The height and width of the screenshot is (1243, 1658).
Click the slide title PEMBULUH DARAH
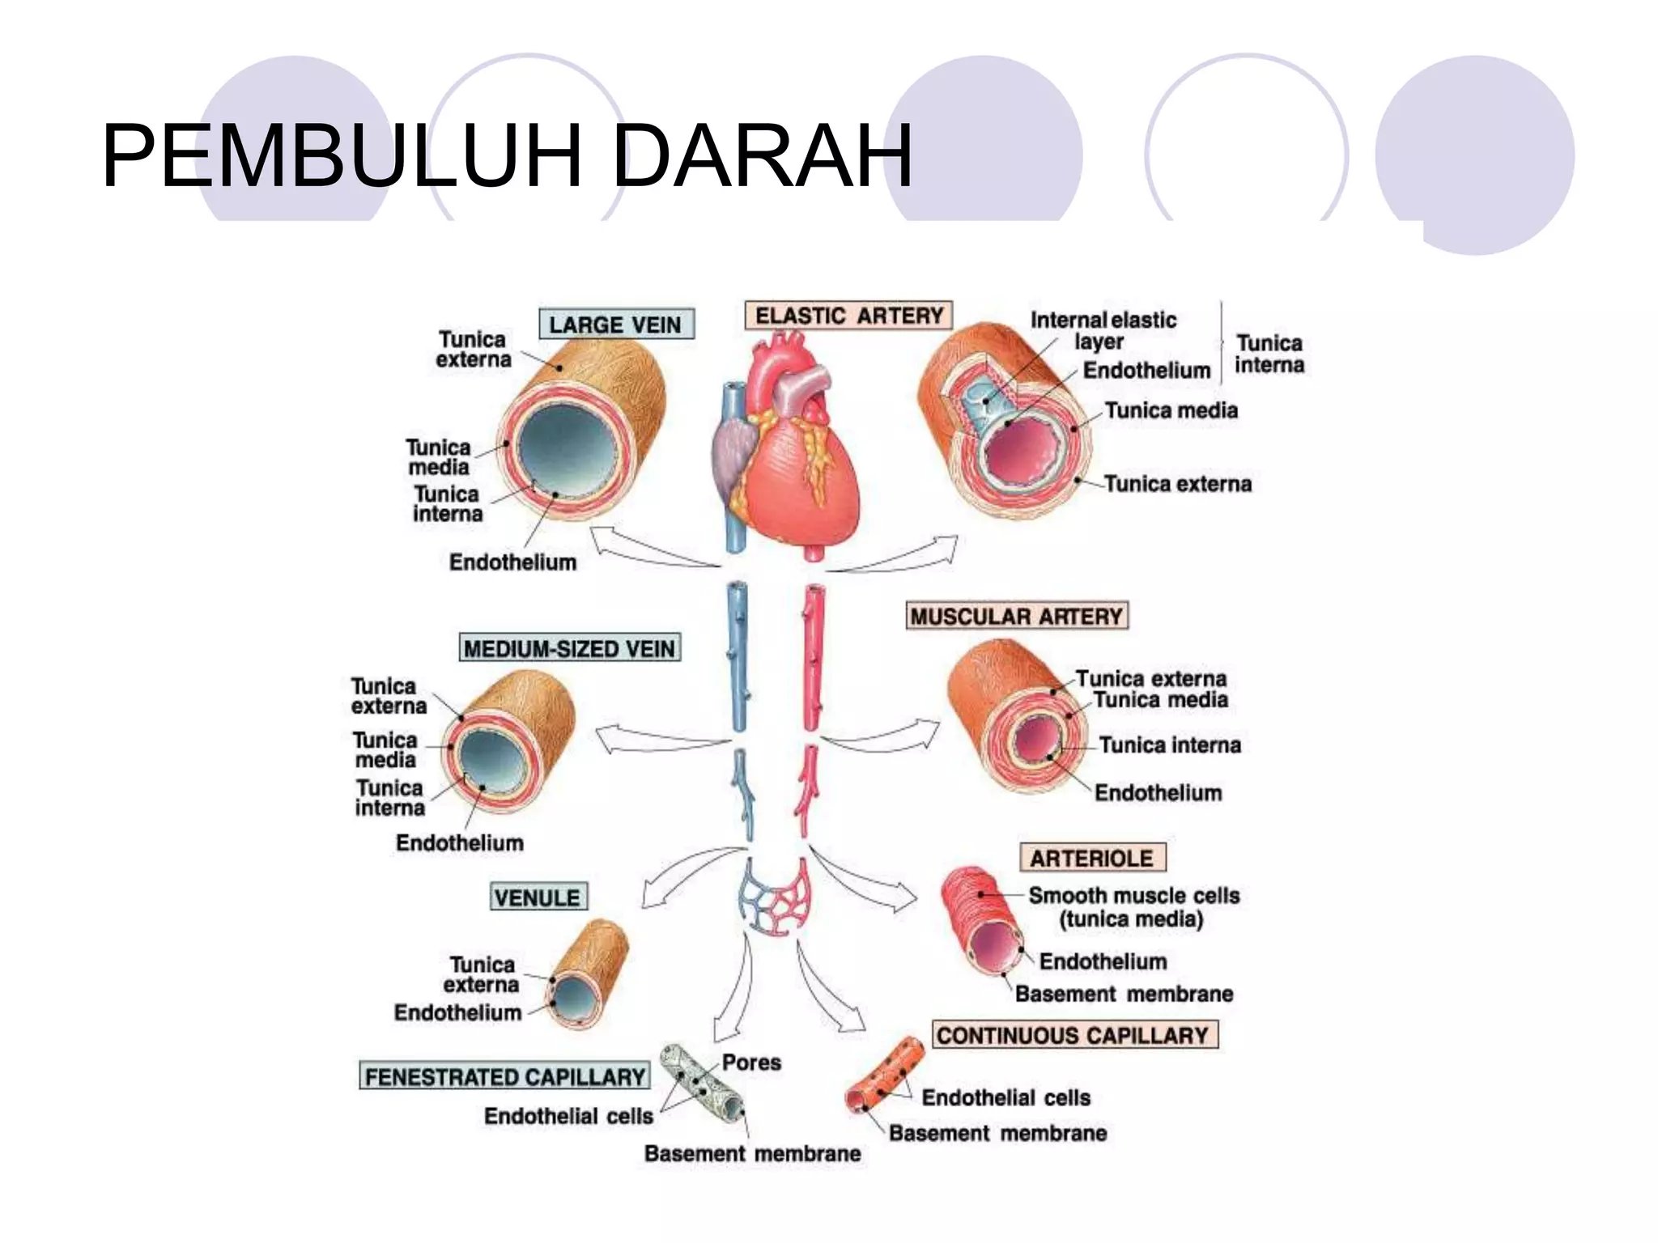click(508, 155)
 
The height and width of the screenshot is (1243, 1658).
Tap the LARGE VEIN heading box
click(616, 325)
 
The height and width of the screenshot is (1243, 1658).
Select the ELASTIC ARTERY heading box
click(848, 315)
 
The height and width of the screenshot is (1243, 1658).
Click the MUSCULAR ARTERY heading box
click(1017, 616)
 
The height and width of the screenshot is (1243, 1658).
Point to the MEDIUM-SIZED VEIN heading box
click(570, 647)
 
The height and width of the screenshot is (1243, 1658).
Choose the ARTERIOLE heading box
click(1092, 857)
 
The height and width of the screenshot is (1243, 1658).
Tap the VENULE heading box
click(538, 897)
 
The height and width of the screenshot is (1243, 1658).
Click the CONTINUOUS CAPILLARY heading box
click(1074, 1034)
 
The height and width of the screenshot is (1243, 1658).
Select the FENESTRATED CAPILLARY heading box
click(505, 1075)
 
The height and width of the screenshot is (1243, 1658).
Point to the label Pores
click(751, 1063)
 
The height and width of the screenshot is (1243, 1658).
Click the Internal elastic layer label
click(1103, 330)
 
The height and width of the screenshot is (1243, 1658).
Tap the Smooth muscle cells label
click(1134, 896)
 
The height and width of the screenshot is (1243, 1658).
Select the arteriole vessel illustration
click(983, 921)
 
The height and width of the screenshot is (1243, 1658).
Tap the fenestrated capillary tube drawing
click(702, 1083)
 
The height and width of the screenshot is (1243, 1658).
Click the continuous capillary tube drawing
click(885, 1075)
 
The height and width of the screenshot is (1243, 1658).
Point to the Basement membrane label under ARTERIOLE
click(1124, 994)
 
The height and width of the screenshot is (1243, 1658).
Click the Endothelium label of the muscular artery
click(1158, 792)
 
